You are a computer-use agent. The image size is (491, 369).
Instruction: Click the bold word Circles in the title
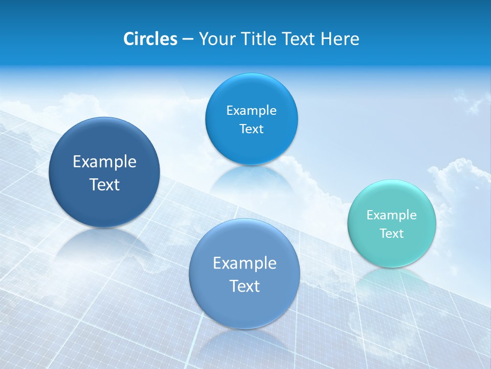(x=150, y=39)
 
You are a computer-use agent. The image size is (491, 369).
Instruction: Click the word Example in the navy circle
(x=104, y=162)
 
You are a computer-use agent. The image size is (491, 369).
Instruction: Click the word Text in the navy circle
(x=104, y=184)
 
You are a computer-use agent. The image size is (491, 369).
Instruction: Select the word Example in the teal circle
(x=392, y=215)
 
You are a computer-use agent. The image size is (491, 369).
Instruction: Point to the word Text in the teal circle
(x=392, y=234)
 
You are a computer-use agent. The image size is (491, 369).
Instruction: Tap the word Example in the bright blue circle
(x=251, y=110)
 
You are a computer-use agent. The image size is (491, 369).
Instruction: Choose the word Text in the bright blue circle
(x=251, y=129)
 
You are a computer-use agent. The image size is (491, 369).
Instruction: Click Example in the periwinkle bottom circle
(x=244, y=263)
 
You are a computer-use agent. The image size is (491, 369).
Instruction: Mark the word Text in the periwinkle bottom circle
(x=244, y=286)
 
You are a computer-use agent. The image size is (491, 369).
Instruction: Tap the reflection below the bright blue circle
(x=252, y=179)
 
